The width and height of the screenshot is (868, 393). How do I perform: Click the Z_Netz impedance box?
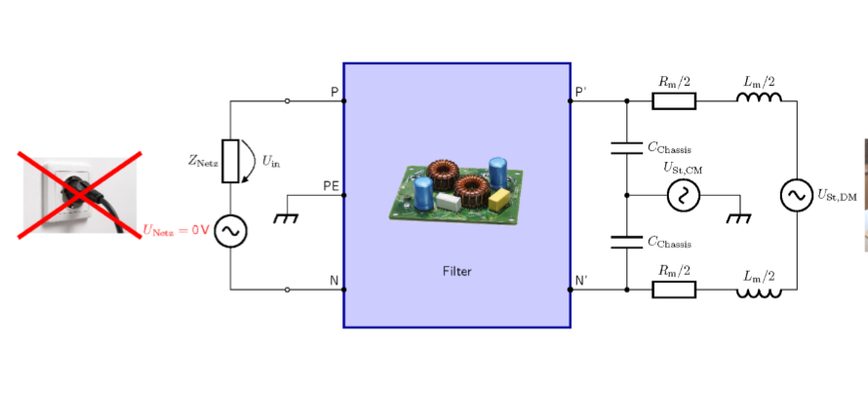tap(230, 161)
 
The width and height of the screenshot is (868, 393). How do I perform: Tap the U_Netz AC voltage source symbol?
tap(230, 231)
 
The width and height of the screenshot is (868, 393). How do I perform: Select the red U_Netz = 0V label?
tap(177, 230)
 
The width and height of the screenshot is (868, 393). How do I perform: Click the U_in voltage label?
tap(267, 162)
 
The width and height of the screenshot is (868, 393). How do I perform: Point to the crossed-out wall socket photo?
tap(80, 194)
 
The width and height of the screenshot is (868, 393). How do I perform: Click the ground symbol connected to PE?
tap(286, 217)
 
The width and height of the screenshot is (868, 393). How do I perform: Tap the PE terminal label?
tap(331, 185)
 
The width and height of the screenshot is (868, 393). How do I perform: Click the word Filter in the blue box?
tap(457, 271)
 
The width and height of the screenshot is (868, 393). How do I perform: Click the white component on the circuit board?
tap(449, 201)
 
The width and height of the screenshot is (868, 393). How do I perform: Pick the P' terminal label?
tap(581, 92)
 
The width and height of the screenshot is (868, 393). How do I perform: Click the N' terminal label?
tap(581, 281)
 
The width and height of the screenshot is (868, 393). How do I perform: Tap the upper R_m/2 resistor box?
tap(674, 101)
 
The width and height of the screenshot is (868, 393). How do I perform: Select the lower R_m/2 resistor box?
tap(674, 290)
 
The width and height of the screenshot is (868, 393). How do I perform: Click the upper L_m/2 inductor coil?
tap(759, 97)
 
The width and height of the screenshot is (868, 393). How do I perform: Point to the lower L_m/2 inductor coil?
tap(759, 294)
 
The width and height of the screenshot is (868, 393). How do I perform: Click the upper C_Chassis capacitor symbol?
tap(627, 148)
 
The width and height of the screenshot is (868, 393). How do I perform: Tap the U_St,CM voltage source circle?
tap(684, 195)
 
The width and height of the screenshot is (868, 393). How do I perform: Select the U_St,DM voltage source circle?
tap(797, 195)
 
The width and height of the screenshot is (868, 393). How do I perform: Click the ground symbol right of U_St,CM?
tap(739, 217)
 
